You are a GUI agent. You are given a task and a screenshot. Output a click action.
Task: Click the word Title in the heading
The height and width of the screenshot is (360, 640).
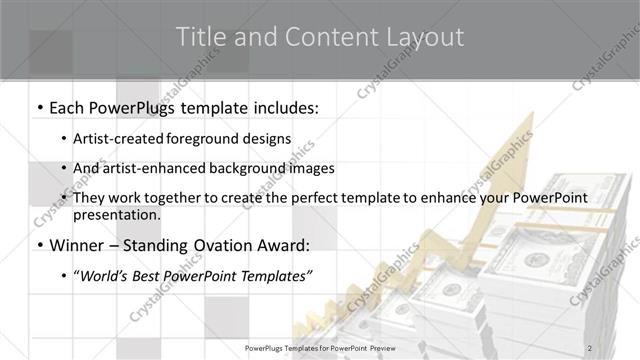point(199,37)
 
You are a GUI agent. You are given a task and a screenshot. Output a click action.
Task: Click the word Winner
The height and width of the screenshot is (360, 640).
point(78,245)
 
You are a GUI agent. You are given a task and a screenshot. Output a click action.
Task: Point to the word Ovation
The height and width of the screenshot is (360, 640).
point(235,245)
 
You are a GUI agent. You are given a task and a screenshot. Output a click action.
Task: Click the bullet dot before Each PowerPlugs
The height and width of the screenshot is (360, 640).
point(39,106)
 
